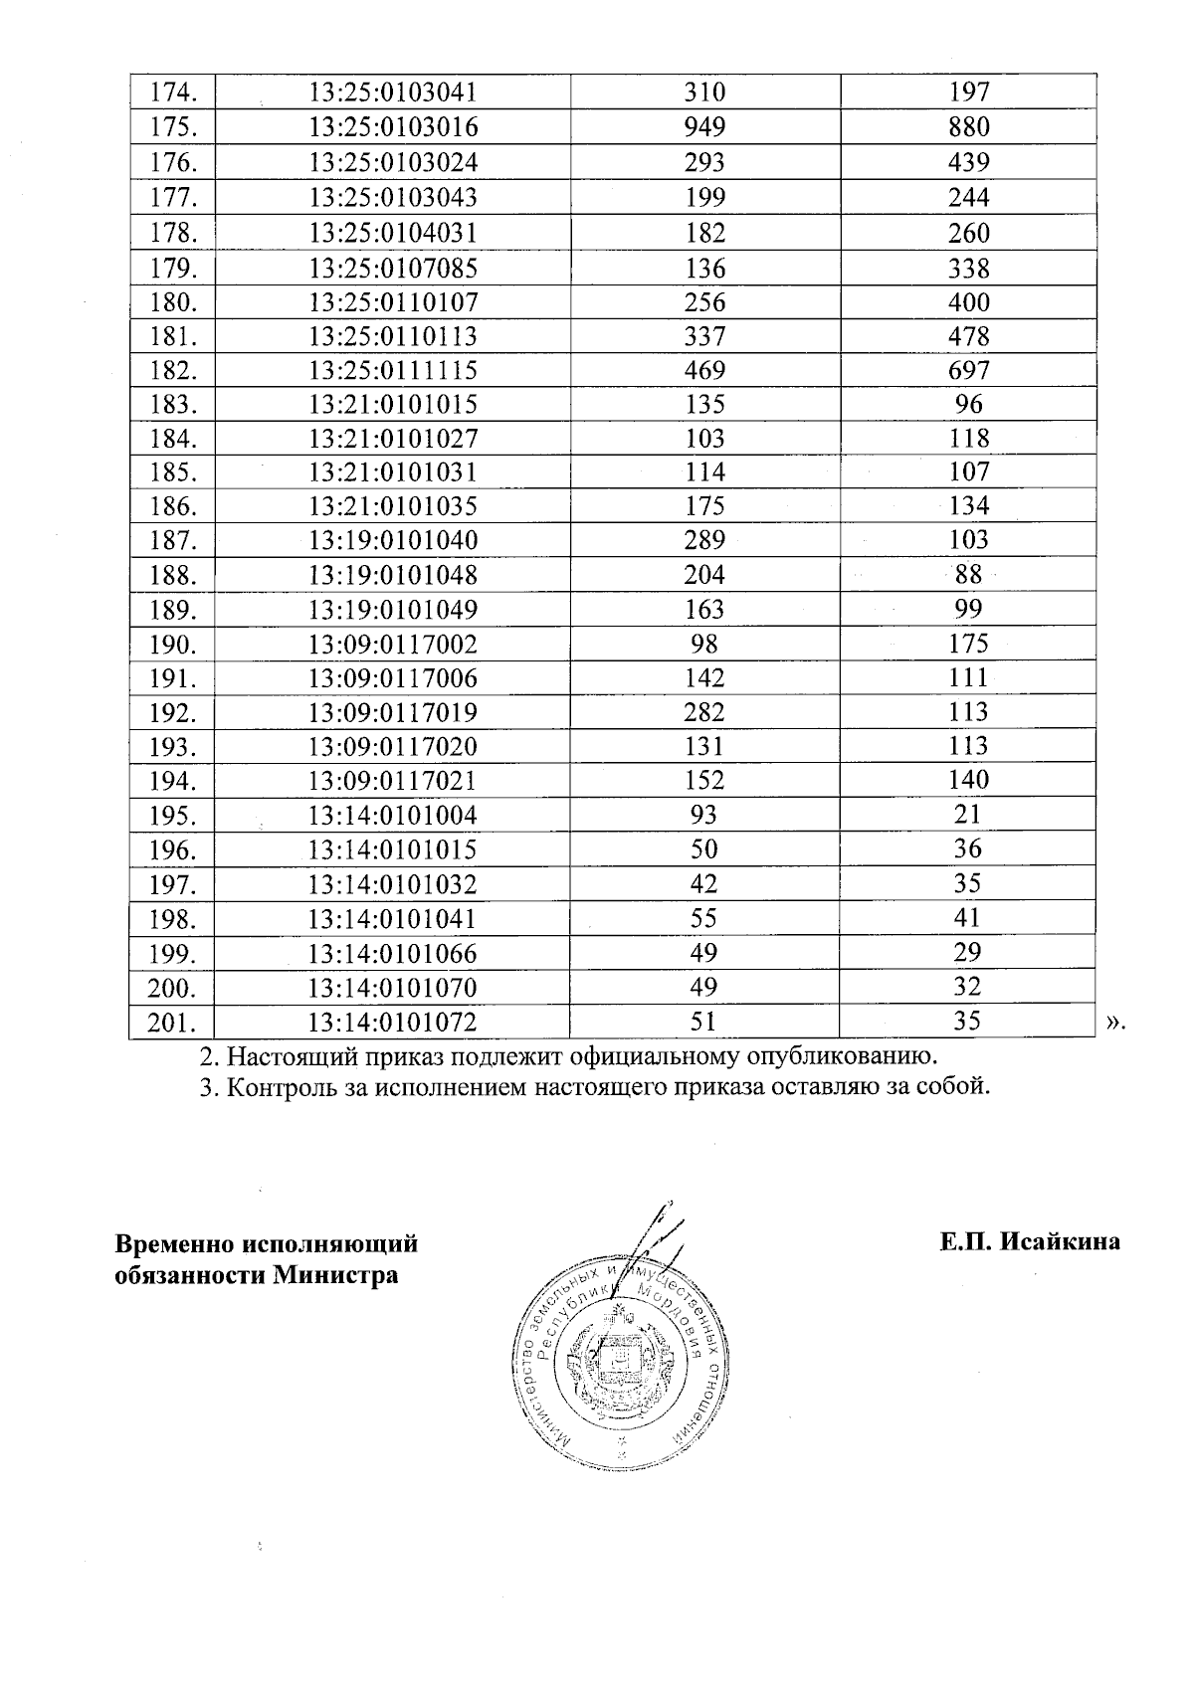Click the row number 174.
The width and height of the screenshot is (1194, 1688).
click(173, 93)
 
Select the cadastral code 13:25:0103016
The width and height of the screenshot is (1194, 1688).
click(393, 127)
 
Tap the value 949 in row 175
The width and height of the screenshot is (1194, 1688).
click(704, 127)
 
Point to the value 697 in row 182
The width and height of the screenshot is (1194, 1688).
click(968, 371)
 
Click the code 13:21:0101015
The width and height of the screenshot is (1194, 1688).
click(393, 405)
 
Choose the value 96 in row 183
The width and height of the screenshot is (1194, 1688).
click(968, 404)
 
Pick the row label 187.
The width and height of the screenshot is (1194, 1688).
click(173, 541)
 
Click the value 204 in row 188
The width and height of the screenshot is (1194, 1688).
click(704, 575)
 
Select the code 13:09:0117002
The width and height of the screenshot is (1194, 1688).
click(393, 645)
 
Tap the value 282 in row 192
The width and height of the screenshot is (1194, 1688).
click(704, 712)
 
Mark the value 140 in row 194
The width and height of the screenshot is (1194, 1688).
click(968, 780)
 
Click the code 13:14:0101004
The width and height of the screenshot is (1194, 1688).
click(393, 816)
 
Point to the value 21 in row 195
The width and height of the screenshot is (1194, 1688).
click(968, 815)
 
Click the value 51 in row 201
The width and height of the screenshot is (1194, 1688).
click(704, 1022)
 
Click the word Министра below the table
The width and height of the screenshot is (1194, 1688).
click(336, 1274)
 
